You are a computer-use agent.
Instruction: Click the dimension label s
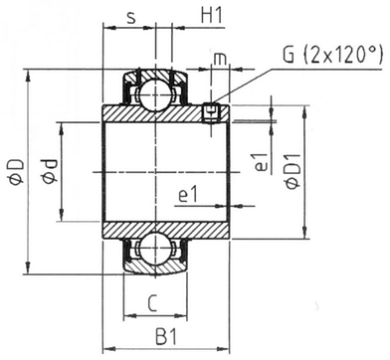coord(131,18)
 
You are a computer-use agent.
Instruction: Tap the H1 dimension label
coord(211,16)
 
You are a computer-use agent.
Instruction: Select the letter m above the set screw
coord(220,59)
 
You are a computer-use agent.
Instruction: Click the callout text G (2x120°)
coord(332,55)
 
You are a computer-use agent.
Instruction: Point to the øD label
coord(16,171)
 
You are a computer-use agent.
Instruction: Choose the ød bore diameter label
coord(50,171)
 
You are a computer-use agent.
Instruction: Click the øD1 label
coord(293,171)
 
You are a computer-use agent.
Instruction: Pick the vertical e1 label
coord(262,162)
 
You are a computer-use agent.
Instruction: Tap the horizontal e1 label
coord(188,195)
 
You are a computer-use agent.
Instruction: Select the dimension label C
coord(151,303)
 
